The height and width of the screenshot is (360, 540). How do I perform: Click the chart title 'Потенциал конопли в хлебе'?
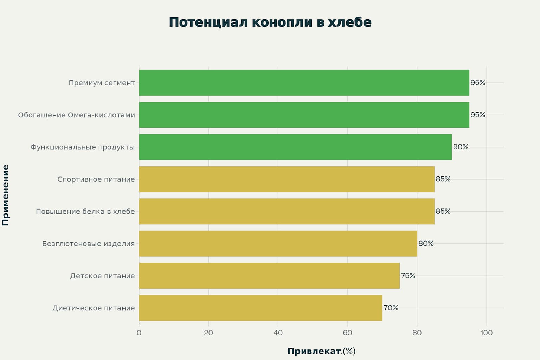[270, 22]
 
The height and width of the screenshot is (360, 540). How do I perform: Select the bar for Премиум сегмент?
[304, 83]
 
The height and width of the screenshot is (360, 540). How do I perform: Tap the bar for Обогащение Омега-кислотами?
[304, 115]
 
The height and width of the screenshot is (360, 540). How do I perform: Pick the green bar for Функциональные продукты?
[295, 147]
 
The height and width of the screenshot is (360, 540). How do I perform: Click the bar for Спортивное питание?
[287, 179]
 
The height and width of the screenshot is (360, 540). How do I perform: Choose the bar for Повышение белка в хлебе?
[287, 211]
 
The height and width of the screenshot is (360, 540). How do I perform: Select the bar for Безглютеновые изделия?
[278, 244]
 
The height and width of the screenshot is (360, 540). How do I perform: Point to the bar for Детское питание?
[269, 276]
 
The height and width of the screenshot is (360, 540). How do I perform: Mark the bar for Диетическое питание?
[261, 308]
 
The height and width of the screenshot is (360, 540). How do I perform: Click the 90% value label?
[461, 147]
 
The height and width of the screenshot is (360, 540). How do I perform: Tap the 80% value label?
[426, 244]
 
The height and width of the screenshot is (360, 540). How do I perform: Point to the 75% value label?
[408, 276]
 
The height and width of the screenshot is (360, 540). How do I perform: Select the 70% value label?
[391, 308]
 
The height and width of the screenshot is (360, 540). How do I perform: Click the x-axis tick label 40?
[278, 333]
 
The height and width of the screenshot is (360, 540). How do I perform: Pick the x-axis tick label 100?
[487, 333]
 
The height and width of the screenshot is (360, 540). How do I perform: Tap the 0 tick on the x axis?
[139, 333]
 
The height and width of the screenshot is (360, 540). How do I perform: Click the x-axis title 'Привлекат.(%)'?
[321, 351]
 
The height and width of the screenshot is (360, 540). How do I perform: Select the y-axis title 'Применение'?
[6, 195]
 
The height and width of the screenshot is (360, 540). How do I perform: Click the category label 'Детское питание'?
[102, 276]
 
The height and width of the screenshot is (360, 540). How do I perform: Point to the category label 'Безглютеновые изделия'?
[88, 244]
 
